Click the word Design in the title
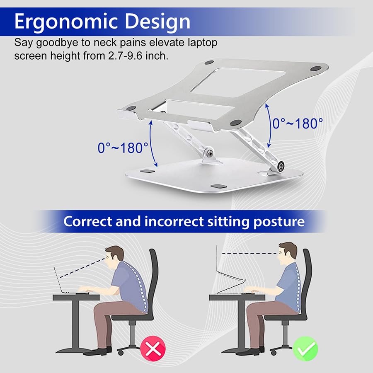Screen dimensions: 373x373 point(157,21)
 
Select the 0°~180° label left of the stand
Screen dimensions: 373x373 point(123,148)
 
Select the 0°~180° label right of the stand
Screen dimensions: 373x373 point(298,124)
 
